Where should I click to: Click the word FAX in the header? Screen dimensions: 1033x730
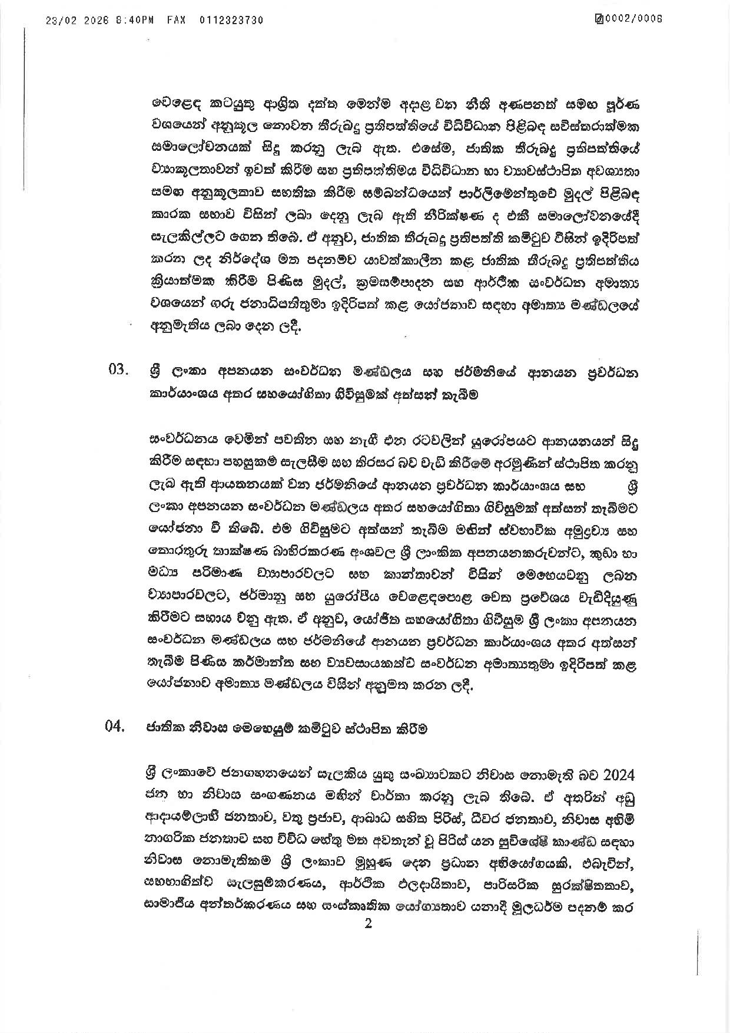pyautogui.click(x=176, y=20)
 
